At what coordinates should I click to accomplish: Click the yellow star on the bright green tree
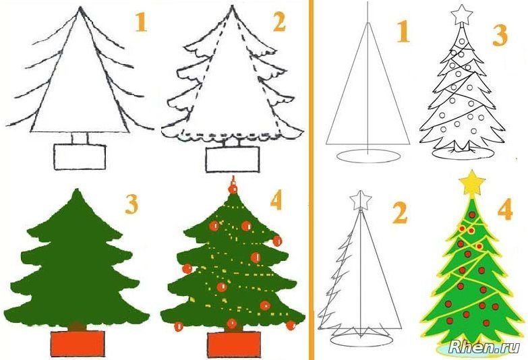(472, 183)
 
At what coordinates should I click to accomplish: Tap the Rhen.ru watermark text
(483, 347)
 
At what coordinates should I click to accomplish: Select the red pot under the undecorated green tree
(78, 343)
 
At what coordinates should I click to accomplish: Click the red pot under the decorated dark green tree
(234, 344)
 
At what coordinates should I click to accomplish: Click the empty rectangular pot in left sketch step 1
(80, 157)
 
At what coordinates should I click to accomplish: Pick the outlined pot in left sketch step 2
(233, 159)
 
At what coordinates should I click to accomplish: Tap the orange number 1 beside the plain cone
(403, 31)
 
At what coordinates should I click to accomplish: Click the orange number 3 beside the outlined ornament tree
(500, 35)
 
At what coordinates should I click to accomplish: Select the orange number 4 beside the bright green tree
(505, 209)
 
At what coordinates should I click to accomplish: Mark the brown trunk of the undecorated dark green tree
(77, 326)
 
